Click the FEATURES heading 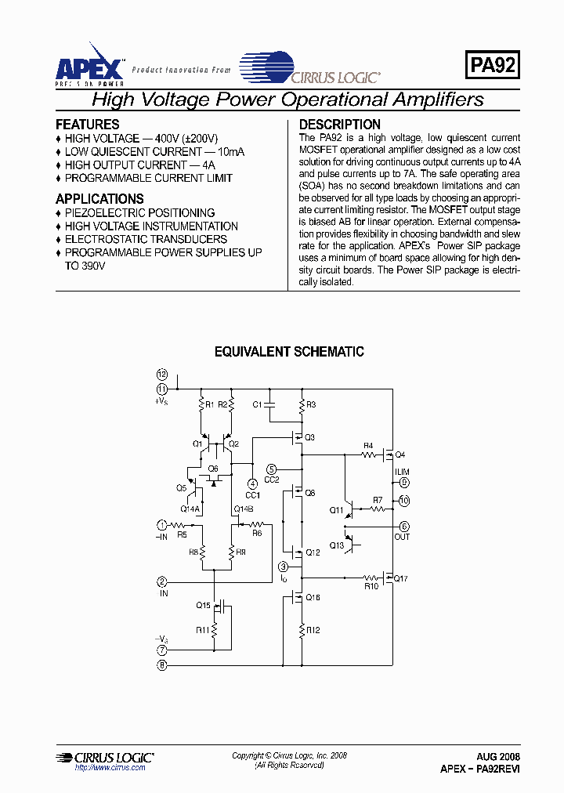(88, 125)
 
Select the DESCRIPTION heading (340, 125)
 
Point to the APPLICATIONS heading (99, 199)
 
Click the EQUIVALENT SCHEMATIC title (289, 353)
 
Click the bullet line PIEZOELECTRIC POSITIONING (139, 213)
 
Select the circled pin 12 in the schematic (162, 375)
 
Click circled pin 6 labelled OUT (404, 527)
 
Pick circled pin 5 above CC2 (271, 469)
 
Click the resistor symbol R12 (302, 630)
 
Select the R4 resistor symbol (368, 454)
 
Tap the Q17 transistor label (401, 578)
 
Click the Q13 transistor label (336, 545)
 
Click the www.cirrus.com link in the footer (110, 768)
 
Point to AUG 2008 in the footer (498, 758)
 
